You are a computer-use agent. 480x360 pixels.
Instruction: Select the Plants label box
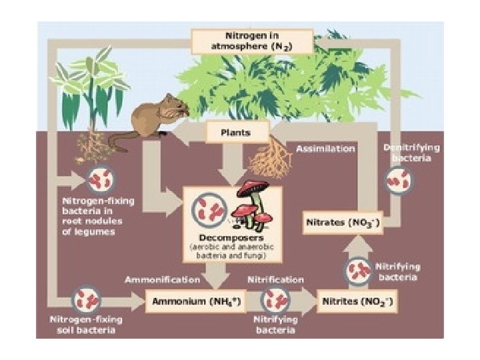pos(235,132)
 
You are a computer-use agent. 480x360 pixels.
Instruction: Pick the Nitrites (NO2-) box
pos(357,301)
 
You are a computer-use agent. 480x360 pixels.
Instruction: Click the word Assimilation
pos(325,149)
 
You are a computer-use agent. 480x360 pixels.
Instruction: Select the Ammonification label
pos(162,279)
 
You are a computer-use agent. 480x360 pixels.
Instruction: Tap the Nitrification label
pos(275,279)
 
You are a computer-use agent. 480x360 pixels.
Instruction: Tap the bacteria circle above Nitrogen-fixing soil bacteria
pos(86,301)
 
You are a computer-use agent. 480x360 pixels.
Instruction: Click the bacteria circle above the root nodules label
pos(101,180)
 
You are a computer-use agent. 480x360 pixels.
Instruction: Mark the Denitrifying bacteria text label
pos(407,153)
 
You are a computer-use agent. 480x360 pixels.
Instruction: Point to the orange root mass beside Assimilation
pos(270,160)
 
